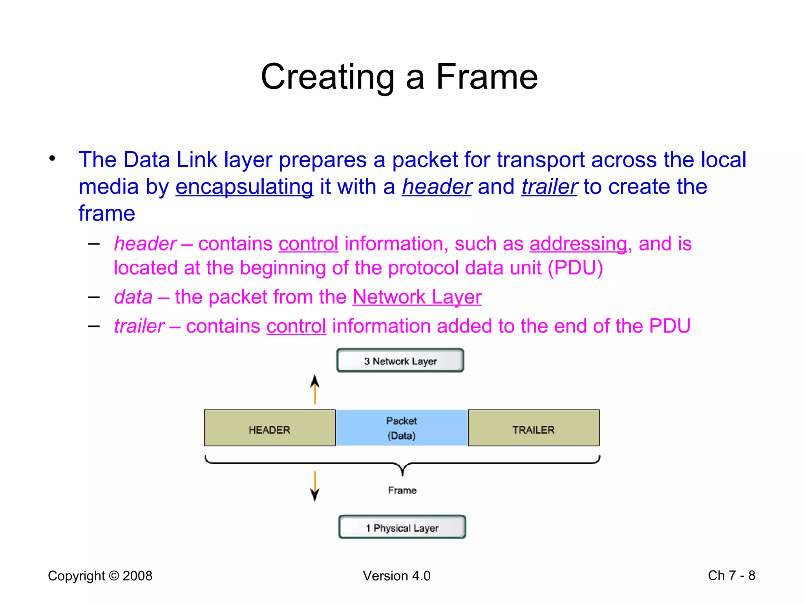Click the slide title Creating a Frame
click(399, 77)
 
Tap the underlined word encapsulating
click(244, 187)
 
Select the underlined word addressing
click(578, 244)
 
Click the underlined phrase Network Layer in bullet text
click(417, 297)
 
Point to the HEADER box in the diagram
click(270, 428)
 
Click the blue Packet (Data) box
click(402, 428)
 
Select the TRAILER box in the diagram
click(534, 428)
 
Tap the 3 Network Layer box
click(400, 360)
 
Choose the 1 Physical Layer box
click(402, 527)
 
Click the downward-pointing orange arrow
click(315, 486)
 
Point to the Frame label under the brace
click(402, 490)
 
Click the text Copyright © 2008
click(100, 576)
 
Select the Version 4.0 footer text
click(397, 576)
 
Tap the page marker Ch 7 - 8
click(731, 576)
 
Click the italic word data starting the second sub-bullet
click(133, 297)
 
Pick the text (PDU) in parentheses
click(576, 268)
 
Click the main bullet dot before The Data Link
click(52, 159)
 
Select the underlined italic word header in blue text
click(437, 187)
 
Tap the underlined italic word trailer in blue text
click(549, 187)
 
